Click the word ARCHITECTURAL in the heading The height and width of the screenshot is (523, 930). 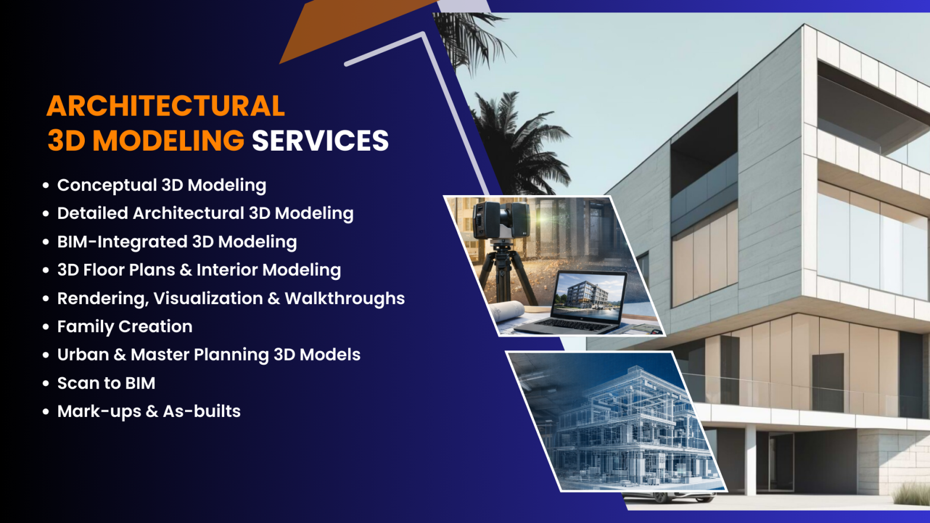165,106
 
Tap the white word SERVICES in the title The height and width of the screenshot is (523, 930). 320,141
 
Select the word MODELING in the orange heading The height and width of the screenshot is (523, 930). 168,141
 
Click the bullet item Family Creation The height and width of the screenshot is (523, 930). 125,327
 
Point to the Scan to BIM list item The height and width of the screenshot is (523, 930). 106,383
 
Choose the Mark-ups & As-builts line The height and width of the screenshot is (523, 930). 149,412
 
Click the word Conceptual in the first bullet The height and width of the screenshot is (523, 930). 107,186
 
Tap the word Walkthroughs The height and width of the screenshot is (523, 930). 345,298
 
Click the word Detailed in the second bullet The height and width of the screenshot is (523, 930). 92,213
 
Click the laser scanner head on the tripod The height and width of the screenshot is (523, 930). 502,220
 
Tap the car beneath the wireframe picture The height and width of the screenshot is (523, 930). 668,496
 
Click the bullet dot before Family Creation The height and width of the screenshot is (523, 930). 46,327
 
